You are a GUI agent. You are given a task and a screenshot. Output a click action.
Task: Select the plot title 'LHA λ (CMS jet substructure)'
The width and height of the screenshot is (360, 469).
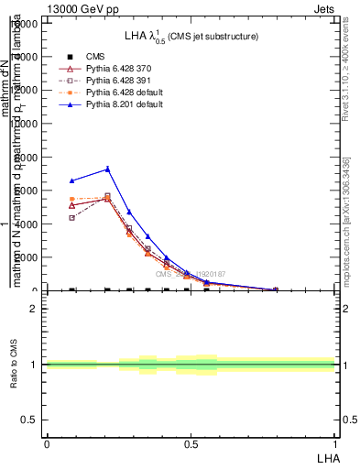191,36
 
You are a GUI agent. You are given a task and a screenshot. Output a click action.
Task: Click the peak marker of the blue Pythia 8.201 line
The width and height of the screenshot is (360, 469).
107,169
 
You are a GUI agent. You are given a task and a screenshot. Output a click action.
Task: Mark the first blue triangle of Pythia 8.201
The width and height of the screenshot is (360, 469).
72,180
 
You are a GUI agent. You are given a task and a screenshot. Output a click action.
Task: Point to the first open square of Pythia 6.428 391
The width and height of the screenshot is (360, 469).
72,218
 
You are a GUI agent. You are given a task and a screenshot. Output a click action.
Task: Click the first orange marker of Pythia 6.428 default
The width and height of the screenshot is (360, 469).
72,199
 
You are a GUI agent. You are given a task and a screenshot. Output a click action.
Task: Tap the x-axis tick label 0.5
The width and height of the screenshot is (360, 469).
191,443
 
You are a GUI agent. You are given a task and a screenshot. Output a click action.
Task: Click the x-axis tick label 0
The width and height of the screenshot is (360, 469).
46,443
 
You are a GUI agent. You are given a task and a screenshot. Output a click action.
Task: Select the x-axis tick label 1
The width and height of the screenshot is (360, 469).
335,443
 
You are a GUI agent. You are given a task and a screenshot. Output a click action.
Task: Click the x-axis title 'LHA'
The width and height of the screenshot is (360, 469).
326,457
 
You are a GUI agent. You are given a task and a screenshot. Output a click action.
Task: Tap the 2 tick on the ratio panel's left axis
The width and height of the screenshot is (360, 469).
34,309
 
